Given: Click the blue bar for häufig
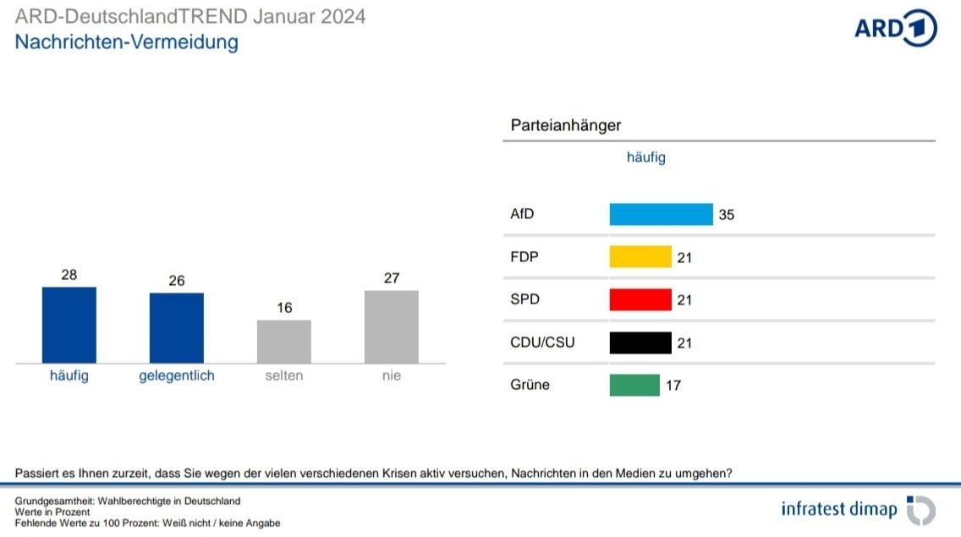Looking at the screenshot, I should coord(69,325).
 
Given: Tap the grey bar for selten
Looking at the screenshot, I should coord(284,341).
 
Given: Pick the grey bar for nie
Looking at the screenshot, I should coord(392,326).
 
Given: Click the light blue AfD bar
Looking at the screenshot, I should coord(661,214).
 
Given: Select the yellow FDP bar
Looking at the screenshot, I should coord(640,257).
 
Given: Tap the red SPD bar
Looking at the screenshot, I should coord(640,299).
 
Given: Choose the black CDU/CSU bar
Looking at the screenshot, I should coord(640,342).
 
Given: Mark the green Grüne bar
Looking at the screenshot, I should coord(634,385).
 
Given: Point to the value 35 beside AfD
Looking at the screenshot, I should coord(726,215).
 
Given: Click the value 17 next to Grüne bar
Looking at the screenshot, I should coord(673,386).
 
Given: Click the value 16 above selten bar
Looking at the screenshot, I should coord(284,308).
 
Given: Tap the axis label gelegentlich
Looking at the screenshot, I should coord(177,375).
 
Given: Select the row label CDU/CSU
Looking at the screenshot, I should coord(542,342).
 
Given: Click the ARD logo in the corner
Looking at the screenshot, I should coord(895,28).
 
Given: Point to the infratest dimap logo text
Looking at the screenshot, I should coord(839,509).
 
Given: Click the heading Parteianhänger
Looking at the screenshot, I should coord(566,125).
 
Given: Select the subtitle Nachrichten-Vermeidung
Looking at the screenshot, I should coord(127,41).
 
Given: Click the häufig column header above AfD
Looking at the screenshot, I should coord(645,157).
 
